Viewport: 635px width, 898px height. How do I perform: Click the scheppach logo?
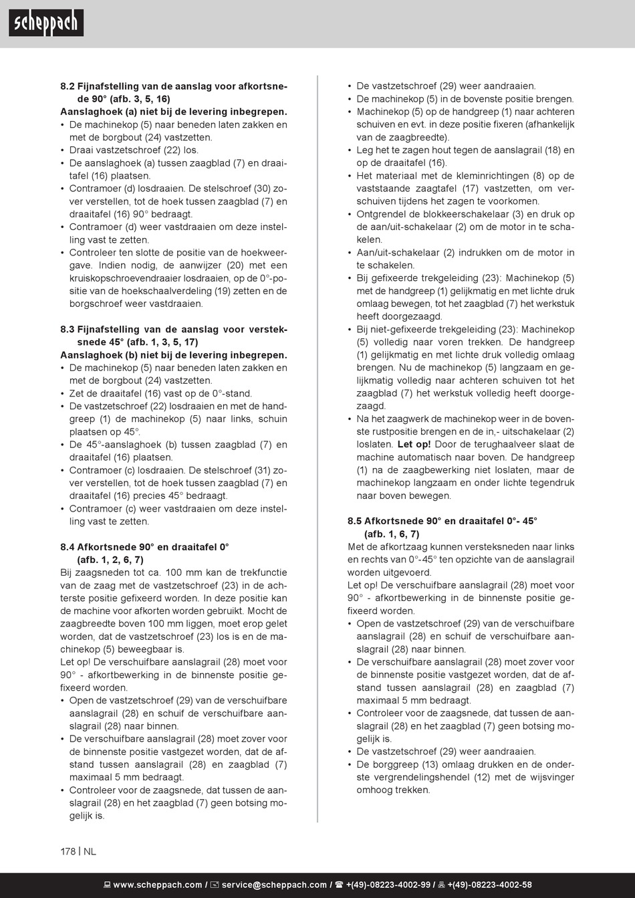click(46, 23)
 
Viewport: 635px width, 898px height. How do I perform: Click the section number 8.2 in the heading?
click(68, 87)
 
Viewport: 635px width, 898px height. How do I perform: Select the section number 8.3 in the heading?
click(68, 330)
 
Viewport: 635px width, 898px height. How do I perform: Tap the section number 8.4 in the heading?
click(68, 547)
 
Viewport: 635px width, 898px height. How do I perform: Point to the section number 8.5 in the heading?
click(354, 521)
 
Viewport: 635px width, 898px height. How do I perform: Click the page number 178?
click(68, 852)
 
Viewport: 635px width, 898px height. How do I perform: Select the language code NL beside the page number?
click(90, 852)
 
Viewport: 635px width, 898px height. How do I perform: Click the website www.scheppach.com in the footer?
click(157, 885)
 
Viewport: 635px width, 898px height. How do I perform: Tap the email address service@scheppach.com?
click(274, 885)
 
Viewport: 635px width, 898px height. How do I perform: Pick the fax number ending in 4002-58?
click(489, 885)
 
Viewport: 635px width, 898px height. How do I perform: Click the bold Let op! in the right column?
click(414, 445)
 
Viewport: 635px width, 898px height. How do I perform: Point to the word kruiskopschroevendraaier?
click(125, 279)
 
